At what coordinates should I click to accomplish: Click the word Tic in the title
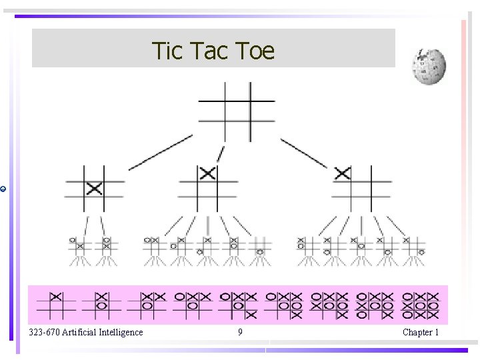[x=167, y=51]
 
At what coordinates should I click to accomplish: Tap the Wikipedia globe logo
[x=429, y=67]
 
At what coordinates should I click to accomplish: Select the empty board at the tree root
[x=237, y=111]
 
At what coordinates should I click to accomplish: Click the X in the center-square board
[x=94, y=189]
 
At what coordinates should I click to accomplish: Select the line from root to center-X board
[x=160, y=152]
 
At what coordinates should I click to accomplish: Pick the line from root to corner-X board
[x=303, y=153]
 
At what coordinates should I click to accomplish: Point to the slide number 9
[x=240, y=332]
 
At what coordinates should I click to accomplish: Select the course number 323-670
[x=44, y=332]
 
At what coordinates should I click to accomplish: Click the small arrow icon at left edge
[x=3, y=189]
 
